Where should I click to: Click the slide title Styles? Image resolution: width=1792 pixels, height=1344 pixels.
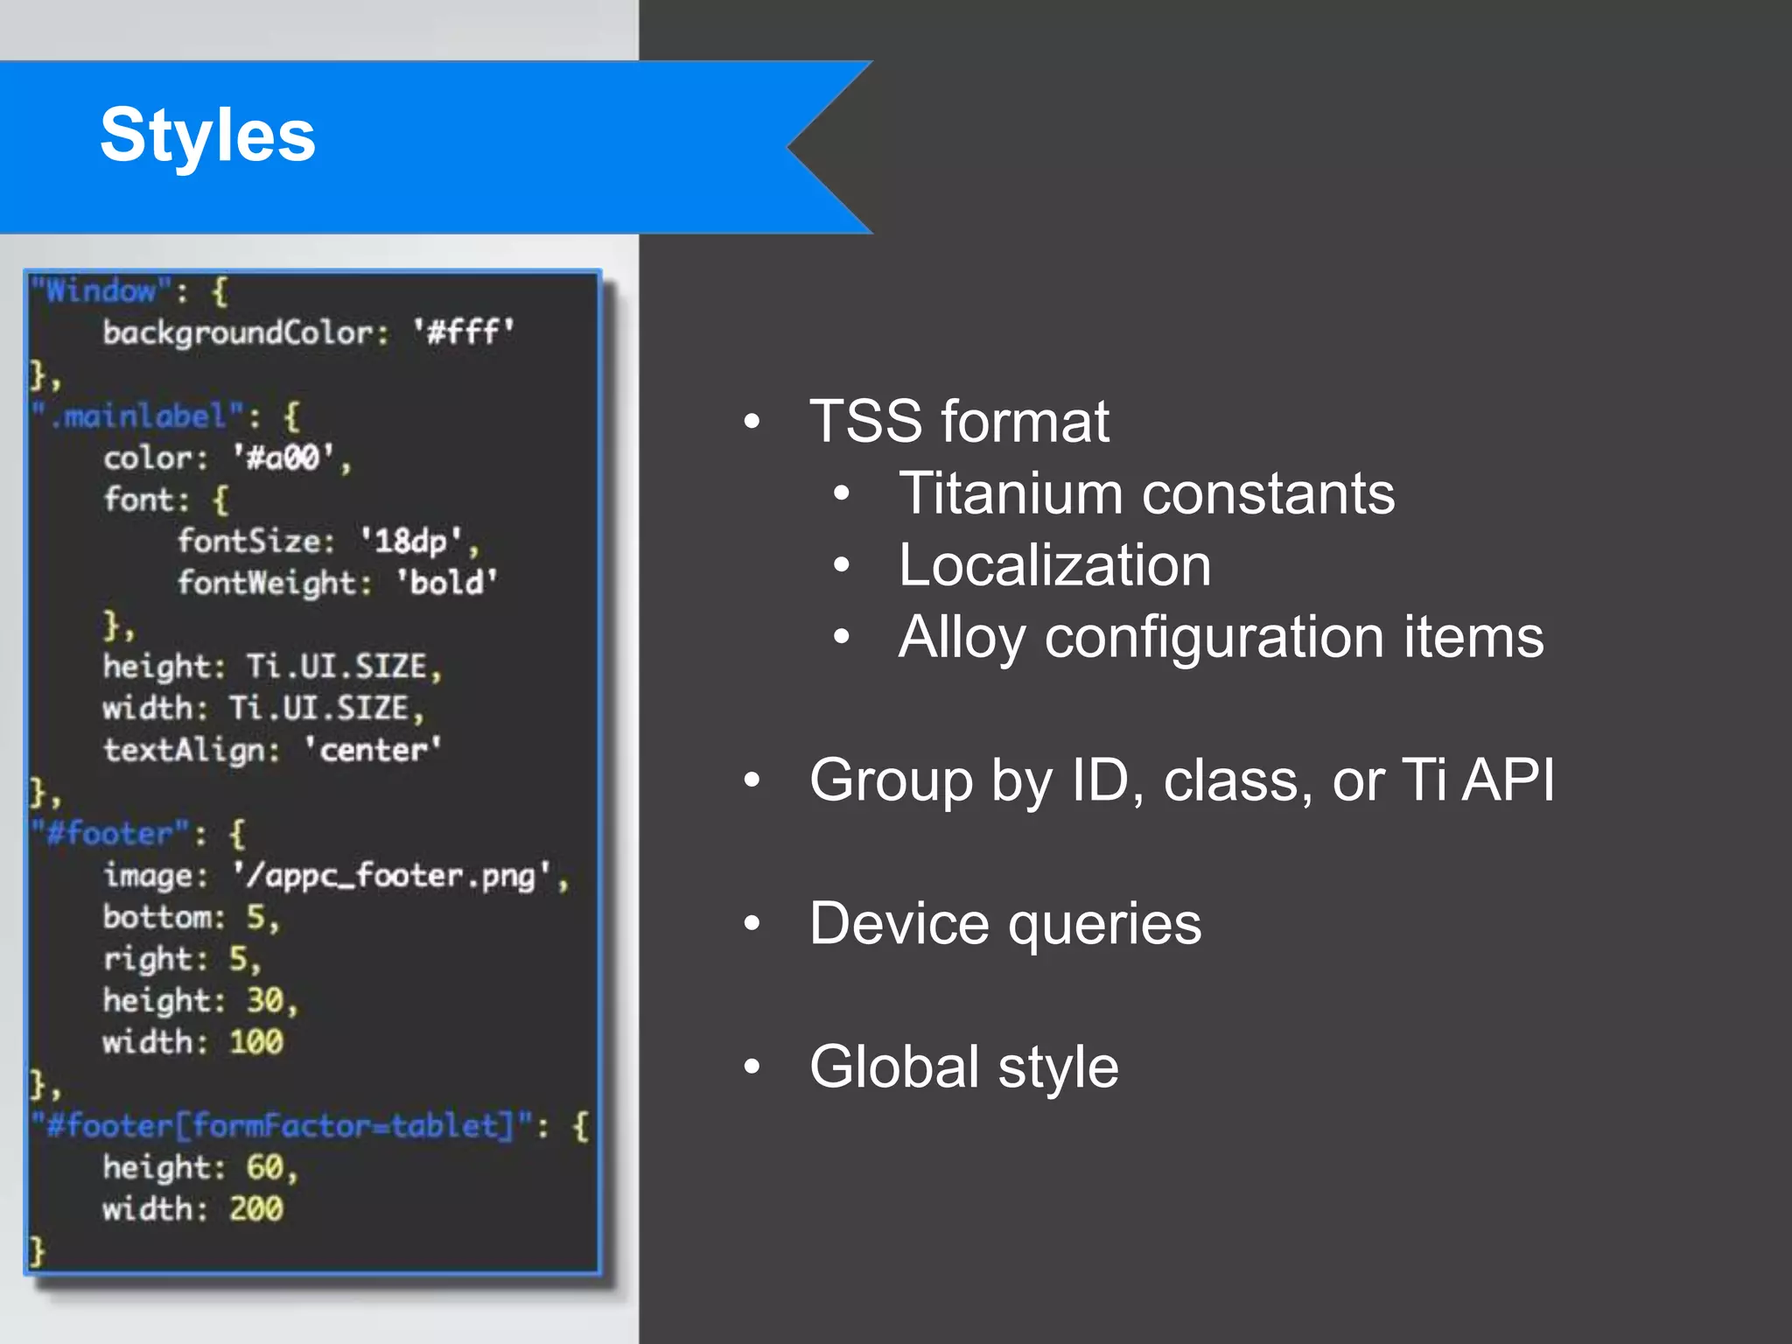[207, 135]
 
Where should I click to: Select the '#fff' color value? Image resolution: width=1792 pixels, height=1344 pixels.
[464, 332]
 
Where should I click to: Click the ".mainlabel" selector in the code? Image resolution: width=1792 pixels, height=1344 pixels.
[138, 416]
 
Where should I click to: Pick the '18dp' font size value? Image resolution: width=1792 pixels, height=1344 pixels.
[410, 542]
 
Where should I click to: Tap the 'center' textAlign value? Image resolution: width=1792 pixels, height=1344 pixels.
[372, 750]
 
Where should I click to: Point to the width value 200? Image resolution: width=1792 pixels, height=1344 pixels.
[255, 1209]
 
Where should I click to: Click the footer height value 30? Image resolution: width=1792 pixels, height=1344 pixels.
[264, 1000]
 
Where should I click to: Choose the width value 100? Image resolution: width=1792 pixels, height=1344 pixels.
[255, 1042]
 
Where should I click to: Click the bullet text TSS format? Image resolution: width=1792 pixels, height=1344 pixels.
[959, 422]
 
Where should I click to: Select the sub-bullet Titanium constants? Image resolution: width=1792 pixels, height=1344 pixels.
[1146, 493]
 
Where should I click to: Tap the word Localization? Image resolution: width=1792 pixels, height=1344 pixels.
[1054, 565]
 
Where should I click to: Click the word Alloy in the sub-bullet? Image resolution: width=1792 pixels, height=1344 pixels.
[961, 637]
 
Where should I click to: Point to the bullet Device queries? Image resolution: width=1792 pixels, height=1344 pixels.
[1005, 924]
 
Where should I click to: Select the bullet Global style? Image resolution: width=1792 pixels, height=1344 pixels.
[963, 1067]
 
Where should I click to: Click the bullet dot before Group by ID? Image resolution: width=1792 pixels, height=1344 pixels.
[752, 780]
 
